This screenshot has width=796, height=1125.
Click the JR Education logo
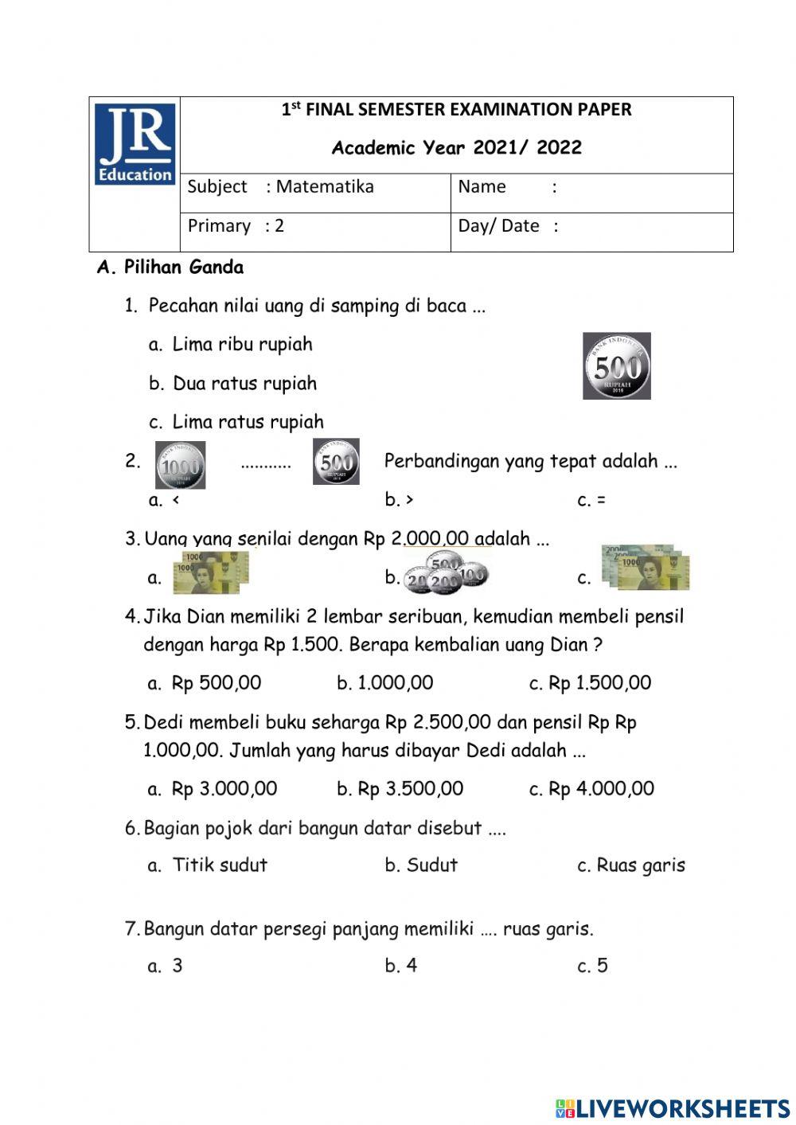pos(135,144)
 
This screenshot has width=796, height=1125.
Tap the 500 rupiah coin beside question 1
pos(617,366)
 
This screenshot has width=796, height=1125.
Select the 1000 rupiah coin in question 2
pos(180,465)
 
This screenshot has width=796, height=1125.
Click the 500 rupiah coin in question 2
pos(336,462)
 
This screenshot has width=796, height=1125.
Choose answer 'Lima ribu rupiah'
pos(242,345)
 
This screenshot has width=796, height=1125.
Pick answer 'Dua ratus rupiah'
pos(244,384)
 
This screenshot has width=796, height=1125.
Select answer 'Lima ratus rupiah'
pos(248,422)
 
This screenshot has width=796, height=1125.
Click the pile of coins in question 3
pos(445,572)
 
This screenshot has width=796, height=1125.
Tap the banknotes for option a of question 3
pos(211,573)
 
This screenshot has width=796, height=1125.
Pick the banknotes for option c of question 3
pos(646,568)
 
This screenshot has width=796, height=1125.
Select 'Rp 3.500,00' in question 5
pos(410,789)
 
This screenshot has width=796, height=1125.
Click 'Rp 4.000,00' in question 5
pos(601,789)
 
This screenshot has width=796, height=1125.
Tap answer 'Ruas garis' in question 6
pos(640,865)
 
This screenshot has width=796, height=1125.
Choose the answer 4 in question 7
pos(411,966)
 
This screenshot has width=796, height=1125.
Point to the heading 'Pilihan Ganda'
pos(183,268)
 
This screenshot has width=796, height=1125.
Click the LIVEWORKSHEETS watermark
pos(673,1107)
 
